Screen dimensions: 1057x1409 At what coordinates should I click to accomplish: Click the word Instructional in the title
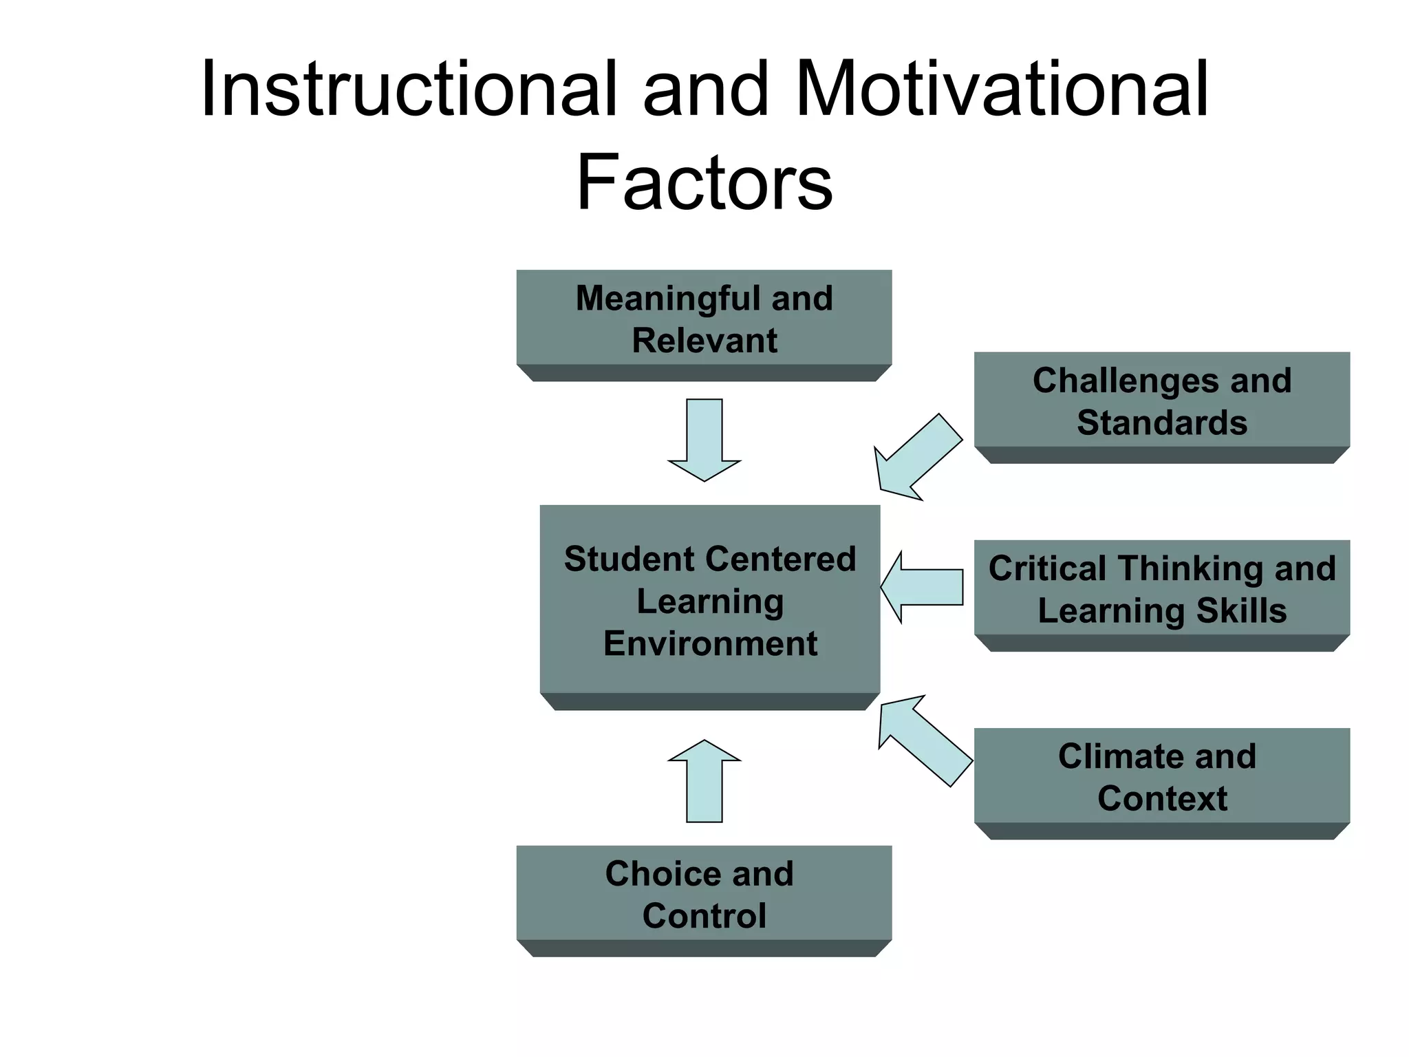[408, 89]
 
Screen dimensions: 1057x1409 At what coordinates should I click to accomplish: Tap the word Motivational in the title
[1001, 89]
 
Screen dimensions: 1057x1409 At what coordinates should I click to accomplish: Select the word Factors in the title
[704, 182]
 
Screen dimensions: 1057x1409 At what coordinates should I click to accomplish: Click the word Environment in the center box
[710, 644]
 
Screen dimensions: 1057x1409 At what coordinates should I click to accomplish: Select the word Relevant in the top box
[704, 341]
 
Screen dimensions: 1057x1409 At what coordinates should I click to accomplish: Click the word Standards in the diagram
[1161, 423]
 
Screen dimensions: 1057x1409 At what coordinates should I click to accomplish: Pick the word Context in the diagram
[1161, 799]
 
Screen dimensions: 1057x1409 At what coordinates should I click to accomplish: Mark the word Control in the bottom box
[704, 916]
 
